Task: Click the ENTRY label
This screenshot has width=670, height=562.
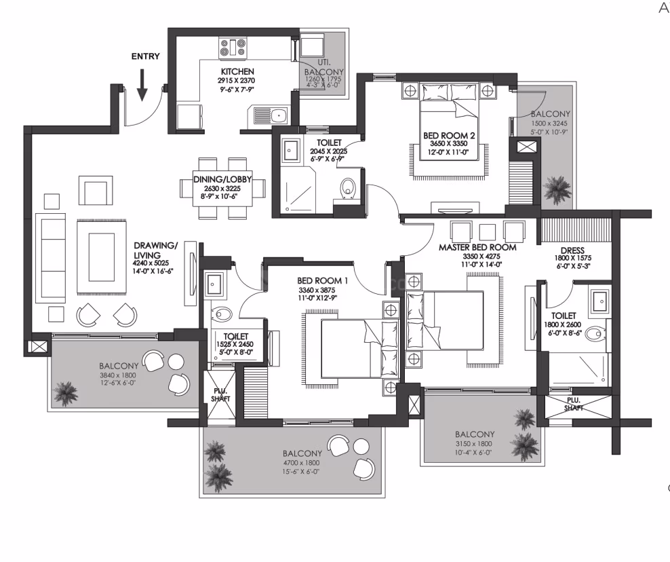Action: point(145,56)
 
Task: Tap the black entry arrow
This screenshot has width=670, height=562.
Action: point(142,85)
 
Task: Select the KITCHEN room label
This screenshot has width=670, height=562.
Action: point(237,71)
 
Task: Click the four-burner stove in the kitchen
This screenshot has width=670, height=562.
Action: point(233,48)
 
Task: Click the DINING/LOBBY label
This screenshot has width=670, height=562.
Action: point(222,179)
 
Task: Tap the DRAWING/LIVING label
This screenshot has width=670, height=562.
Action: point(155,250)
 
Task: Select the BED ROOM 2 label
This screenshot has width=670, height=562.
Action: point(449,135)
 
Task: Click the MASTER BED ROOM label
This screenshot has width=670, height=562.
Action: point(477,247)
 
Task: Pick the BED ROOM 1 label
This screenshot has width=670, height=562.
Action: point(322,280)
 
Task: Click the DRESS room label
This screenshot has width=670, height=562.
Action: point(572,250)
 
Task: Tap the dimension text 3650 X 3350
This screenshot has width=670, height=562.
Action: point(449,144)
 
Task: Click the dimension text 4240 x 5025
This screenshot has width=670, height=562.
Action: point(151,263)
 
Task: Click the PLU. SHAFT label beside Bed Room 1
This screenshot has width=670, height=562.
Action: point(220,395)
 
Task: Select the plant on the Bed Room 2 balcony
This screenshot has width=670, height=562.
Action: point(556,189)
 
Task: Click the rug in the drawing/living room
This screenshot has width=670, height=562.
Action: point(102,257)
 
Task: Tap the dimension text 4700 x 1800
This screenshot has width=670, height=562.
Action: point(301,463)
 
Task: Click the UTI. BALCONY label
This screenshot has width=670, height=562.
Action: point(324,68)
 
